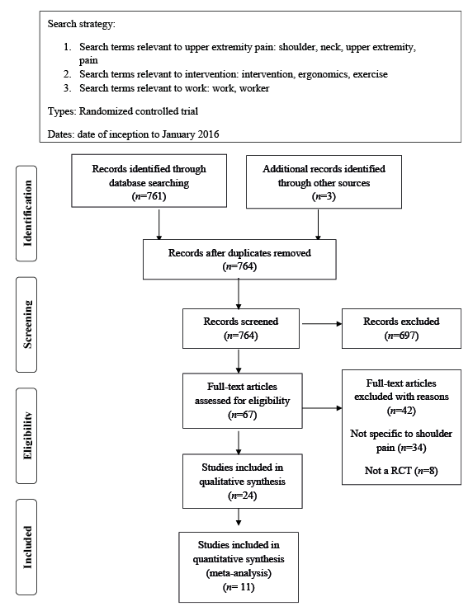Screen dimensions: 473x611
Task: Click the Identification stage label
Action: [x=26, y=213]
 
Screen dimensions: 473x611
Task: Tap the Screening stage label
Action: [x=26, y=325]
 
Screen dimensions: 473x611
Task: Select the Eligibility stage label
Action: [x=26, y=435]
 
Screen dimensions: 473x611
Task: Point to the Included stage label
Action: [x=26, y=547]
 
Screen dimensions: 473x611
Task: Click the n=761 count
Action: [x=149, y=196]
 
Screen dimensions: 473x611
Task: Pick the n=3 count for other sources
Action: [x=324, y=196]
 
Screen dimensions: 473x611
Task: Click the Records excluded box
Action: [x=401, y=328]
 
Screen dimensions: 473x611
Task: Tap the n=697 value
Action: [x=401, y=336]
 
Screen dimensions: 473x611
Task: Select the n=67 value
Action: [x=242, y=415]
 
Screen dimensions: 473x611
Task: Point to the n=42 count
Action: [x=401, y=411]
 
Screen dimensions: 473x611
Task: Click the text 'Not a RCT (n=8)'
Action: [x=401, y=471]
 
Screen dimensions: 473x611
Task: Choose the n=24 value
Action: [x=242, y=496]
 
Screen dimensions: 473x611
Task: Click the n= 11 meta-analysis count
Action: [x=239, y=587]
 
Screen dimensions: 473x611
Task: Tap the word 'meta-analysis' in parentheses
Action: [x=239, y=573]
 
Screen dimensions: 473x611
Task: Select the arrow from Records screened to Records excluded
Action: [x=322, y=323]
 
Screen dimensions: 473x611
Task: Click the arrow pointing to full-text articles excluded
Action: [x=322, y=408]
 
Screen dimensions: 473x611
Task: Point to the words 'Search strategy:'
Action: [x=82, y=24]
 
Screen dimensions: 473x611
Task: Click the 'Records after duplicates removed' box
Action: [x=239, y=260]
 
